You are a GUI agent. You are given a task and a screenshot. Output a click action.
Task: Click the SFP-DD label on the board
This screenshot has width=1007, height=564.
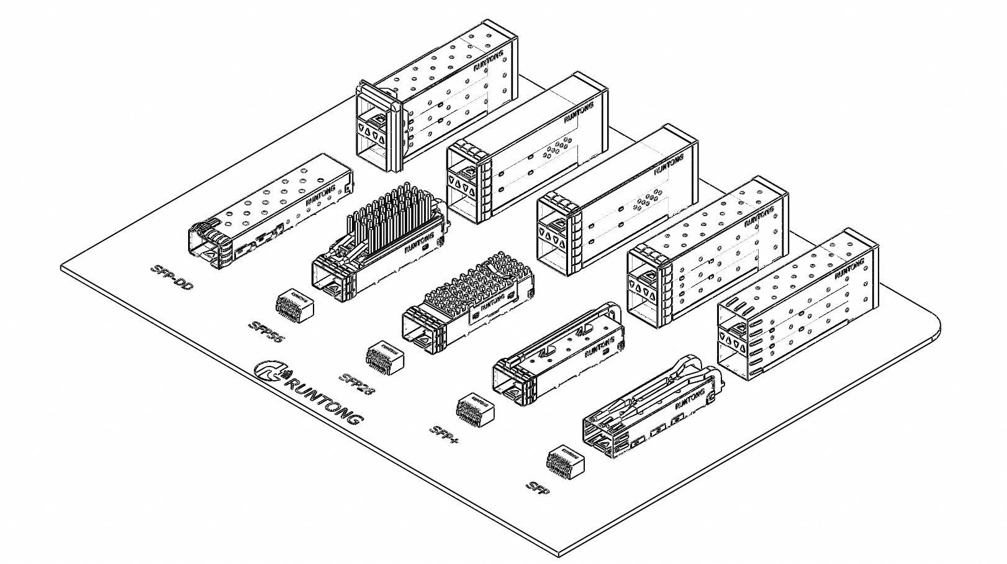pos(171,278)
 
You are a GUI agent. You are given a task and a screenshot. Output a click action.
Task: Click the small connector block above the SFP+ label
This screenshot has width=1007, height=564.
pos(476,410)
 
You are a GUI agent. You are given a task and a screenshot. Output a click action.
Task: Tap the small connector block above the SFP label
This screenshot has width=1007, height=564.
pos(565,463)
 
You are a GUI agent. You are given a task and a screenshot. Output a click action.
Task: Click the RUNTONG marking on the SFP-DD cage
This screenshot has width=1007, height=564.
pos(321,194)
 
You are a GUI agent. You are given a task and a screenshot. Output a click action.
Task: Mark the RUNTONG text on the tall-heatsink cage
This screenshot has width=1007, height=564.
pos(420,242)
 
